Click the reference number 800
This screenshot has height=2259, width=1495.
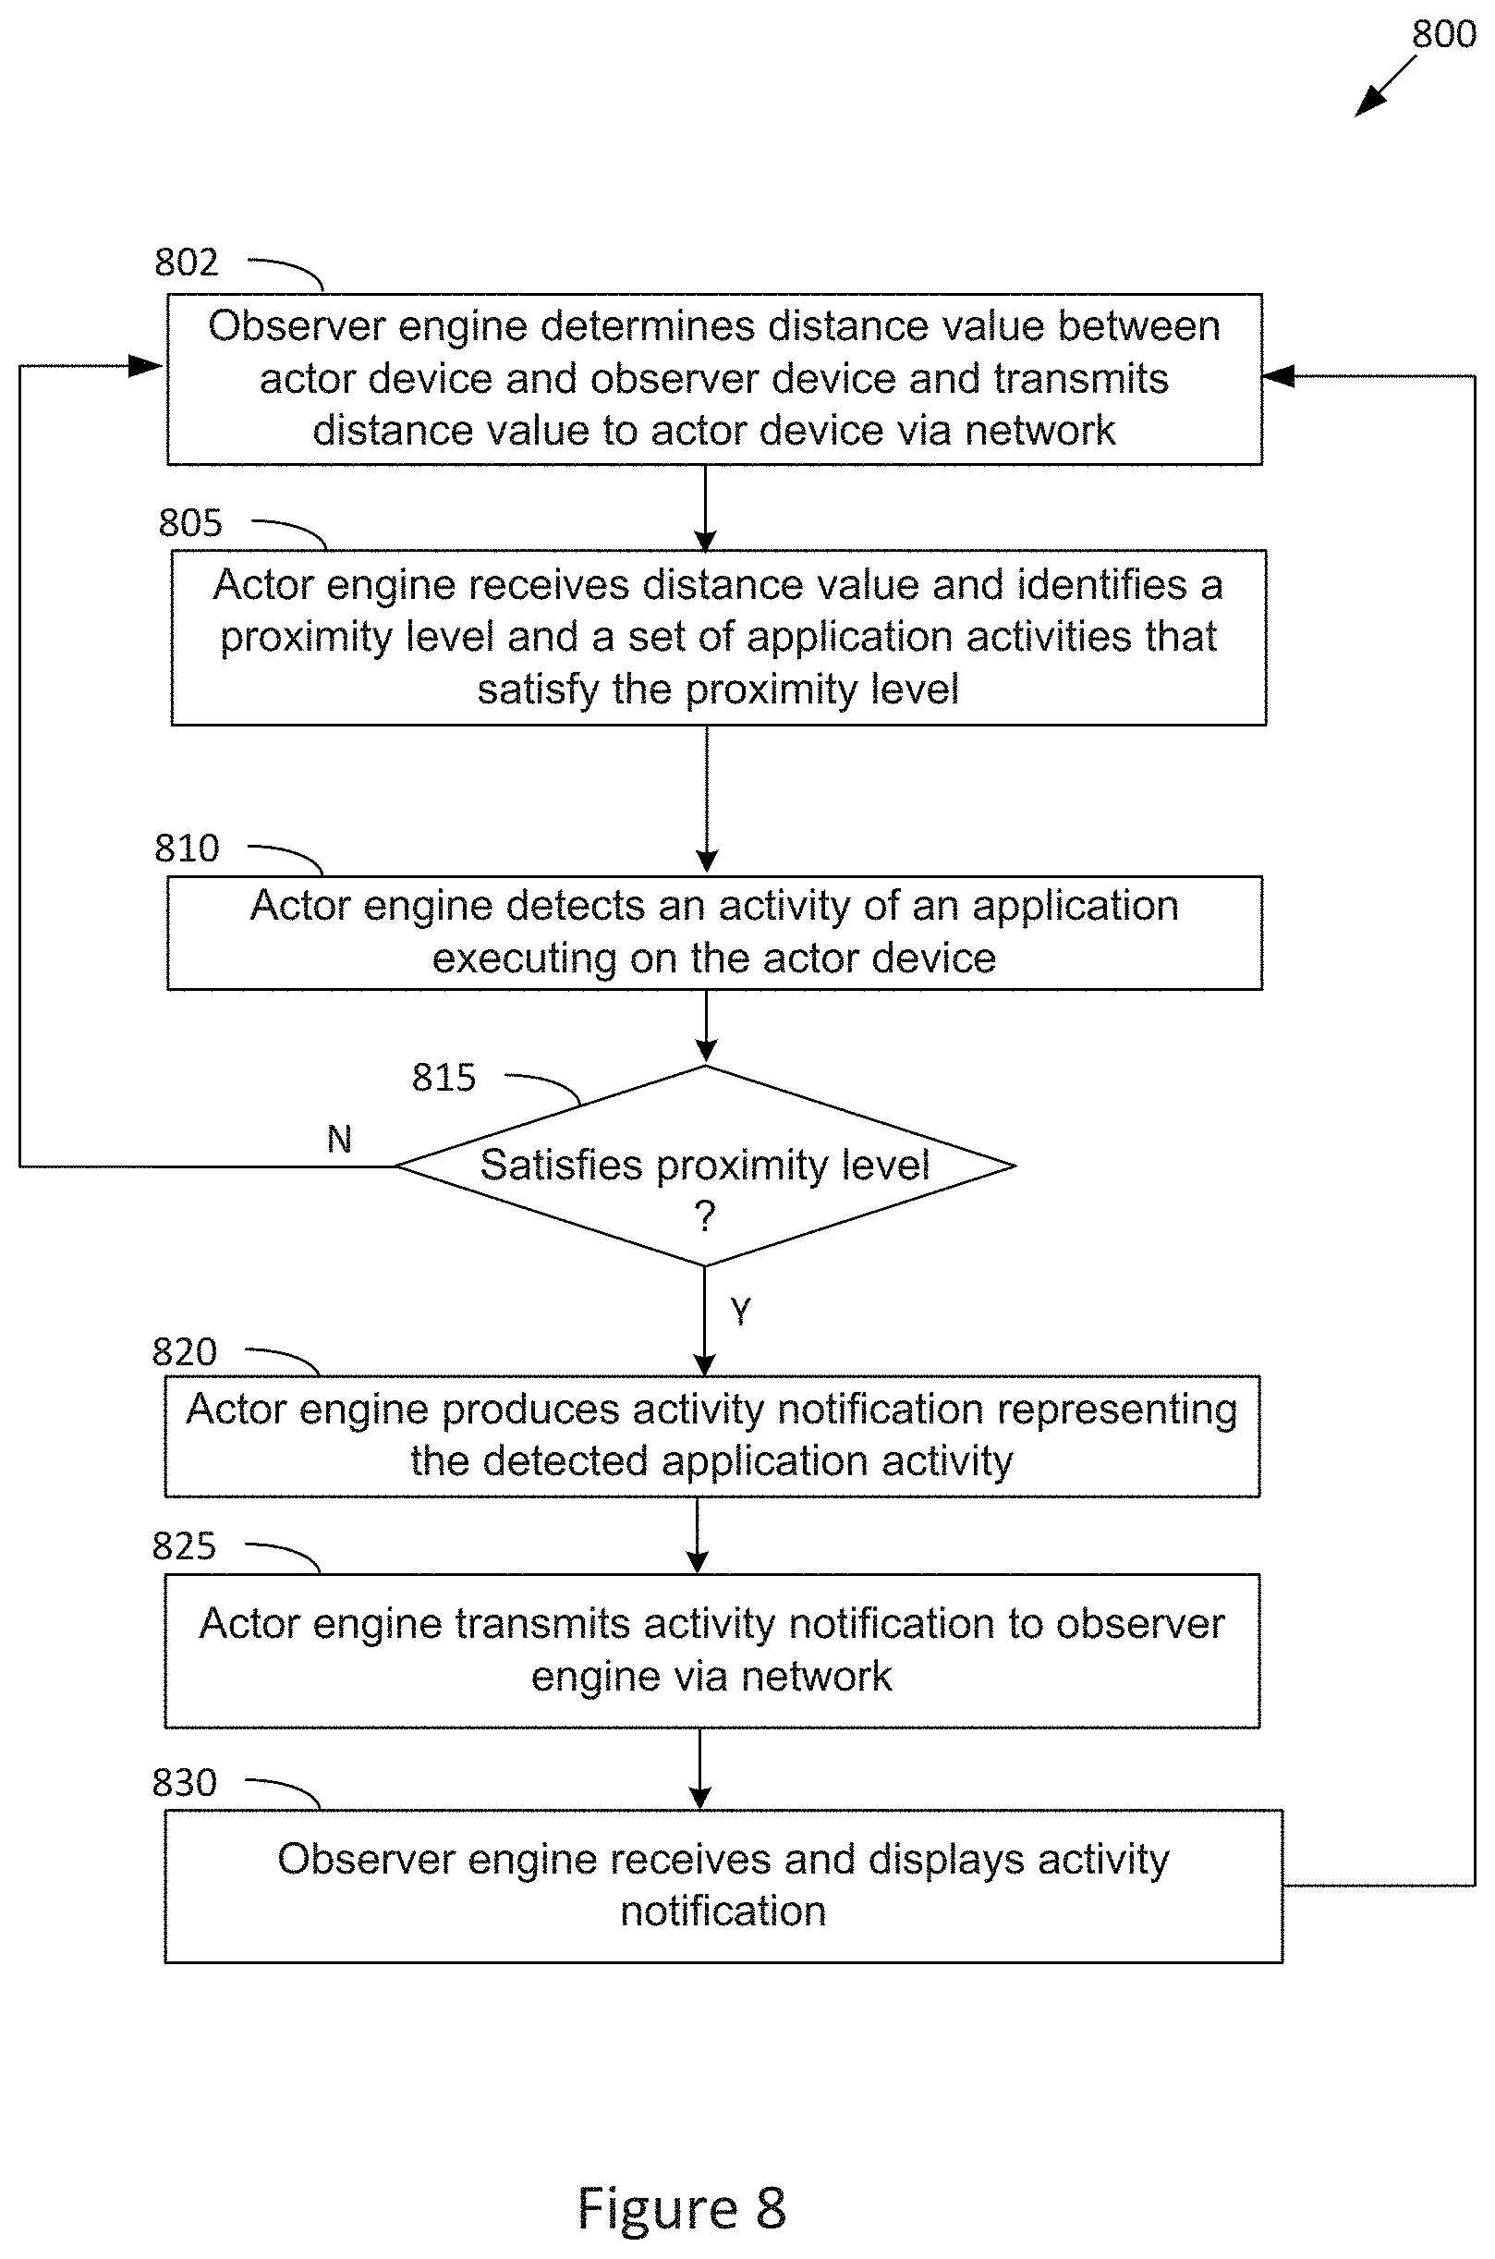click(x=1443, y=34)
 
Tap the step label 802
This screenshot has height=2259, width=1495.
click(x=187, y=263)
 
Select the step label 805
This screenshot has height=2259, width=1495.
click(x=190, y=522)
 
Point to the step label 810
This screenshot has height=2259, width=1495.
click(x=187, y=848)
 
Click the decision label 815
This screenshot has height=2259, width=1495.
click(x=444, y=1078)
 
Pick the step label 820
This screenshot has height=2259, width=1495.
click(x=185, y=1352)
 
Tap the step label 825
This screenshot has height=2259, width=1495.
click(x=185, y=1545)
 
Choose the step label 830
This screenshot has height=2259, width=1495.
click(x=185, y=1782)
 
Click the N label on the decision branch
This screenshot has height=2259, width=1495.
click(x=339, y=1139)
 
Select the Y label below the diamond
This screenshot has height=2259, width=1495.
click(x=741, y=1312)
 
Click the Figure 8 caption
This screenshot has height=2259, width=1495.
click(x=682, y=2208)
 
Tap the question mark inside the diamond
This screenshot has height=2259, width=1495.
click(x=705, y=1216)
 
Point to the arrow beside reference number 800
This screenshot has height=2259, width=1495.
click(x=1386, y=86)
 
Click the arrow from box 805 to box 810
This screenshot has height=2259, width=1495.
click(x=707, y=800)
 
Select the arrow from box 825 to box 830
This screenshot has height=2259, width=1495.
click(x=699, y=1769)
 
